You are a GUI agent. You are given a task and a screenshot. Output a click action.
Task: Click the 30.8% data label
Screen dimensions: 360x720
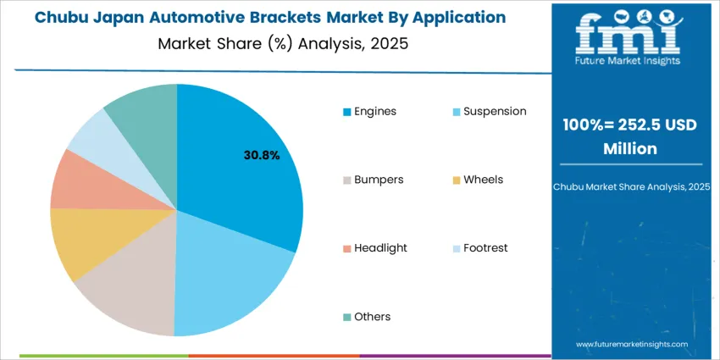262,155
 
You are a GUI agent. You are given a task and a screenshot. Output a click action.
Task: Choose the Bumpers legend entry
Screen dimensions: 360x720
373,180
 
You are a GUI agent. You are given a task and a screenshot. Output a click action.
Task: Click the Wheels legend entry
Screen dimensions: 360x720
478,180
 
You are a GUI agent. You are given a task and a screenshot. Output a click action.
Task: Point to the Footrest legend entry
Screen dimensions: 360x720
483,248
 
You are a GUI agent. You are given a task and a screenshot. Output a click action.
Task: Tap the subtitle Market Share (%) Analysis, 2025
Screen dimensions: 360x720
283,44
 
